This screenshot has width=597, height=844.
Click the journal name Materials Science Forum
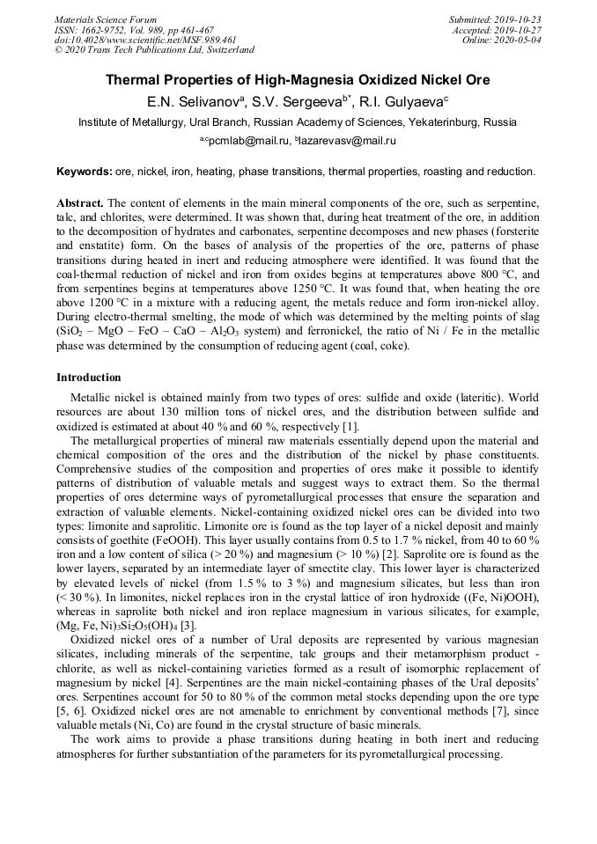pyautogui.click(x=106, y=18)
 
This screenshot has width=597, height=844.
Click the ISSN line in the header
pyautogui.click(x=134, y=29)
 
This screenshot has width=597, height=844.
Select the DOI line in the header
pyautogui.click(x=144, y=40)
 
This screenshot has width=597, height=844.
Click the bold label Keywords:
pyautogui.click(x=85, y=170)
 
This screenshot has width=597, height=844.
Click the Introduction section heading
pyautogui.click(x=88, y=377)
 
